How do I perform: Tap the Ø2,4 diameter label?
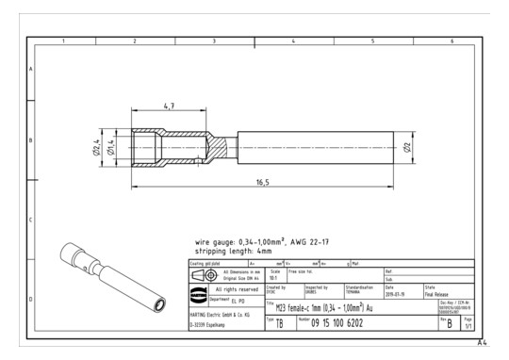coord(96,145)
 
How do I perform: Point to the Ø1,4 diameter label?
coord(109,145)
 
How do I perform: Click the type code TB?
coord(280,324)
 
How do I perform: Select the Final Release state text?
coord(442,292)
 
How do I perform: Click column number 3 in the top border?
coord(214,41)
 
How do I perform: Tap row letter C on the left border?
coord(31,220)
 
